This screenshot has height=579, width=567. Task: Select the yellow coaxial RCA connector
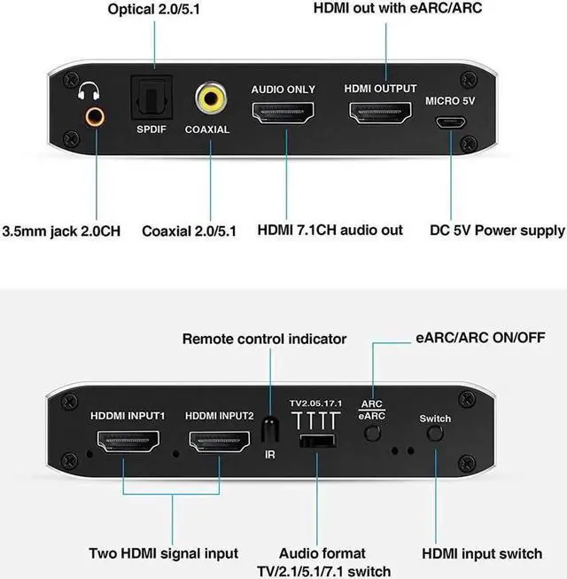point(211,97)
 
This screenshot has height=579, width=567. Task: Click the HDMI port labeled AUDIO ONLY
point(283,113)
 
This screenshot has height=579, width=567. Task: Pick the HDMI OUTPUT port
point(379,113)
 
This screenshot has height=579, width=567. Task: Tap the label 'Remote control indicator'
point(264,339)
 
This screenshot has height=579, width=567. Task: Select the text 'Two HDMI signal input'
point(163,553)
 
